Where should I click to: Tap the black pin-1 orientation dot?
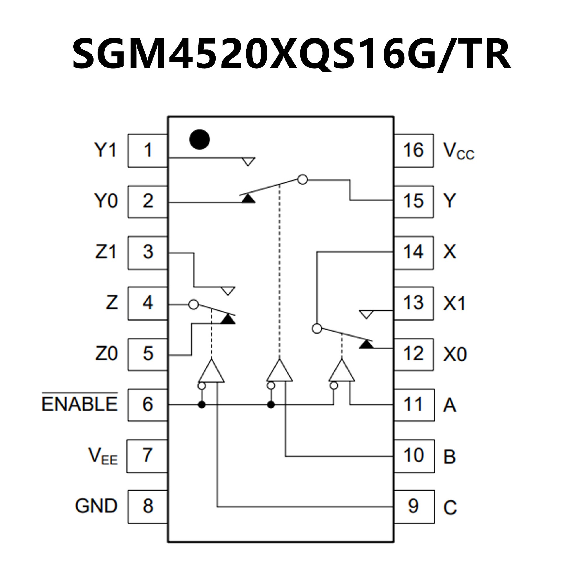(x=199, y=139)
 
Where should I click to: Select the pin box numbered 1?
(x=148, y=150)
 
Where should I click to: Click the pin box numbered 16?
(x=413, y=150)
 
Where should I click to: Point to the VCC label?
(x=458, y=151)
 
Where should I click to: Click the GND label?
(x=96, y=505)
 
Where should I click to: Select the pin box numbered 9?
(x=413, y=506)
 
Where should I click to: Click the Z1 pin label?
(x=106, y=252)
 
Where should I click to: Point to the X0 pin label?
(x=455, y=354)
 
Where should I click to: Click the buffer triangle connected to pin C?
(x=212, y=372)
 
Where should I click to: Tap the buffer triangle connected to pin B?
(x=279, y=372)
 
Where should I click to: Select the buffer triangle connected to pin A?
(x=342, y=372)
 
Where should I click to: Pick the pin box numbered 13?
(x=413, y=303)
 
